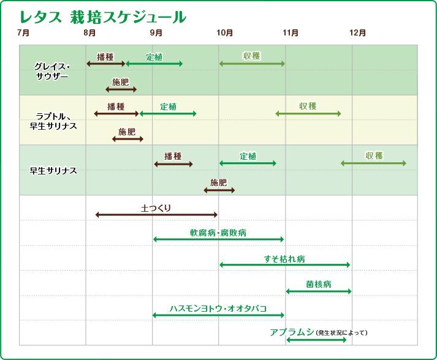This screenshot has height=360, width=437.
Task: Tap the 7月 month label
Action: coord(24,32)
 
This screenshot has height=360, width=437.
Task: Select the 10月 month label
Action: coord(225,32)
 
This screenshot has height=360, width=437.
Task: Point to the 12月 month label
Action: coord(359,32)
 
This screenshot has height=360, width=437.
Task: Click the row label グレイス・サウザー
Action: coord(52,70)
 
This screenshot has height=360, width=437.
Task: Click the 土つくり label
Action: coord(156,208)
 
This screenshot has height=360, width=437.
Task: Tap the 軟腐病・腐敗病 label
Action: coord(218,233)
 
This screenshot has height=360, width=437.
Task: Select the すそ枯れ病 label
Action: coord(284,258)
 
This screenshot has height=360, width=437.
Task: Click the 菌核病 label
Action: coord(319,284)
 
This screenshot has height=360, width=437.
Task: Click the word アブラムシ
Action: coord(292,332)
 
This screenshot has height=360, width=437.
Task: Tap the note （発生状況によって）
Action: coord(342,333)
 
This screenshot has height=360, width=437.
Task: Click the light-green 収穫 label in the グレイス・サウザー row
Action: coord(252,56)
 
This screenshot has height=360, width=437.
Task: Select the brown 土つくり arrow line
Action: coord(156,215)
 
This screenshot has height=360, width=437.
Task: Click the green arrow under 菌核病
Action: coord(319,291)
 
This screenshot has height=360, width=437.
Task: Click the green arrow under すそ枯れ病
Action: coord(284,265)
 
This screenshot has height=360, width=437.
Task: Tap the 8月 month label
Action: coord(90,32)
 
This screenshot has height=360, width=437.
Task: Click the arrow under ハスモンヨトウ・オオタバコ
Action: coord(218,315)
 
